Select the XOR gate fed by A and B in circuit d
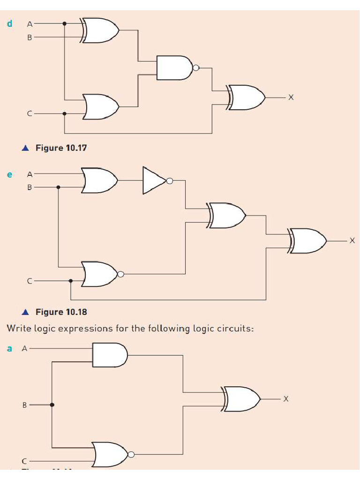point(100,30)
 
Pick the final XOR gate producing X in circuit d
point(247,97)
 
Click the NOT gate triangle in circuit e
point(154,180)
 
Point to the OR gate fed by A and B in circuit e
point(99,180)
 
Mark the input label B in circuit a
point(24,405)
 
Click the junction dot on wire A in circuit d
point(65,23)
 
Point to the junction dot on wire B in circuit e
point(58,187)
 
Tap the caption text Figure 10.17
point(61,148)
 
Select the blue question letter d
point(9,23)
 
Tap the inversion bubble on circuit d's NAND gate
point(196,68)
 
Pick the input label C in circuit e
point(29,281)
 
